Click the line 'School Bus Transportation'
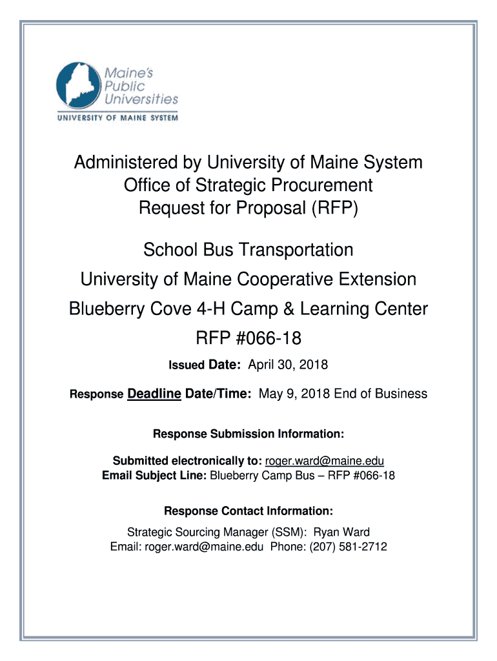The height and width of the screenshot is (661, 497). pos(248,250)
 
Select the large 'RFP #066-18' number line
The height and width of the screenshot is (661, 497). pos(249,338)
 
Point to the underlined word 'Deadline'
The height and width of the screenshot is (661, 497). pos(154,393)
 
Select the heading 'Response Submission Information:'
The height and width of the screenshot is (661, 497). pos(249,433)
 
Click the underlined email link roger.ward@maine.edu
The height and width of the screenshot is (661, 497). pos(325,461)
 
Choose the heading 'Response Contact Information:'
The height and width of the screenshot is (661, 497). pos(249,511)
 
